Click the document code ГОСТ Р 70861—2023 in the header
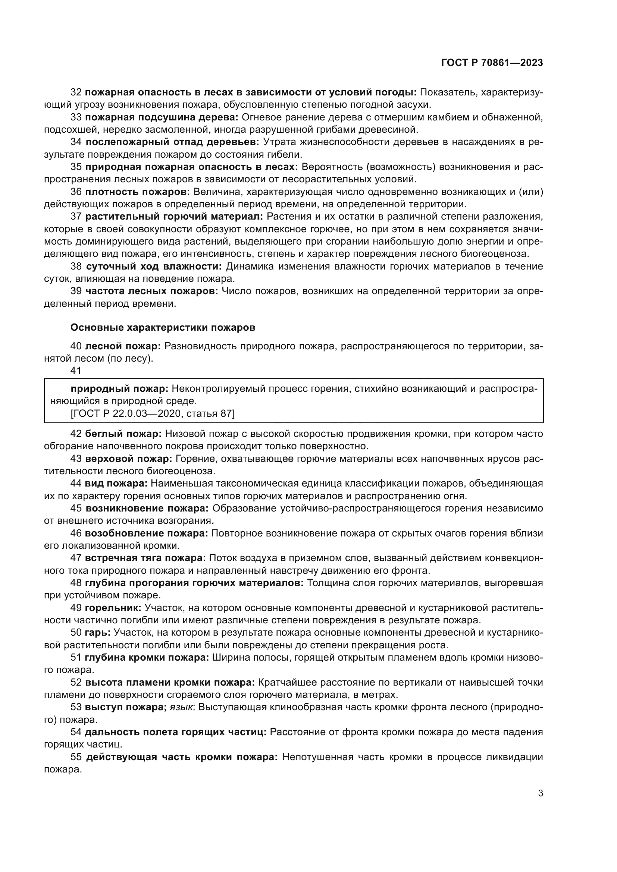coord(492,63)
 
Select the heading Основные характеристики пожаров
coord(163,328)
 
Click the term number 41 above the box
coord(76,371)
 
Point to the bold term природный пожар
coord(119,388)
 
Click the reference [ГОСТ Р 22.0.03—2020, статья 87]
coord(152,413)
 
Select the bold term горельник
coord(113,608)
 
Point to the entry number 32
coord(76,92)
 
